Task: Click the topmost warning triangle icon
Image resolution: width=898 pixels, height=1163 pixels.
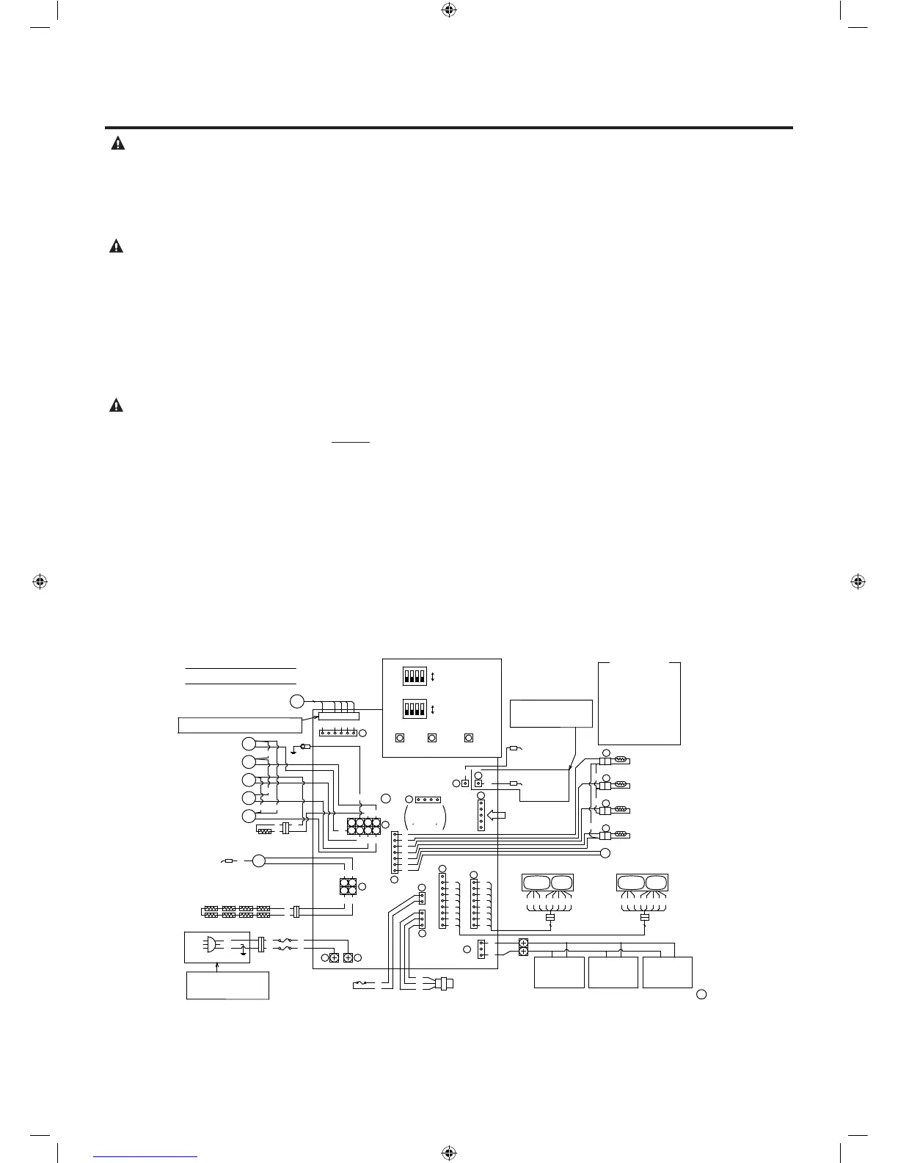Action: (x=117, y=144)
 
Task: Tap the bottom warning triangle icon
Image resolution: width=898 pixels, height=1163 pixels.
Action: (x=117, y=405)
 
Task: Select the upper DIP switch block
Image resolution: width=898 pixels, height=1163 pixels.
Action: (x=415, y=675)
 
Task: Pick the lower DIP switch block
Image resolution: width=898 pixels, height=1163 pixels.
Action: (x=415, y=709)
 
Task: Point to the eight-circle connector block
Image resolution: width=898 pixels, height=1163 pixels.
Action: (x=364, y=826)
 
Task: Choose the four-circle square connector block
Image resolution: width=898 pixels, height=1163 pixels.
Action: (x=348, y=887)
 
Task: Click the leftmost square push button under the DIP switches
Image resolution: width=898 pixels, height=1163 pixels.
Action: (x=400, y=738)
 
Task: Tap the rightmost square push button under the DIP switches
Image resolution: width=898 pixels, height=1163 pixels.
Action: (x=470, y=738)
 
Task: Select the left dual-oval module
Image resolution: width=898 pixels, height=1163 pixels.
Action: (x=547, y=883)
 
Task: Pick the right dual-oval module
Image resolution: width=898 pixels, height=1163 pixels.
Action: (x=643, y=883)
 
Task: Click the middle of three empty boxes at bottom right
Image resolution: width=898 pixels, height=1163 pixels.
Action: (x=613, y=972)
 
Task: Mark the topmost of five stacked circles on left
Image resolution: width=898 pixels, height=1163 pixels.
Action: (x=249, y=744)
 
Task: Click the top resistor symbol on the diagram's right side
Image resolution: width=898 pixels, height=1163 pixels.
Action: (x=620, y=761)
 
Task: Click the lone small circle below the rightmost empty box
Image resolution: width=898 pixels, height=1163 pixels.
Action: (x=701, y=995)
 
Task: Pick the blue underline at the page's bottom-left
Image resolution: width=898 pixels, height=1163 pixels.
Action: (x=146, y=1157)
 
